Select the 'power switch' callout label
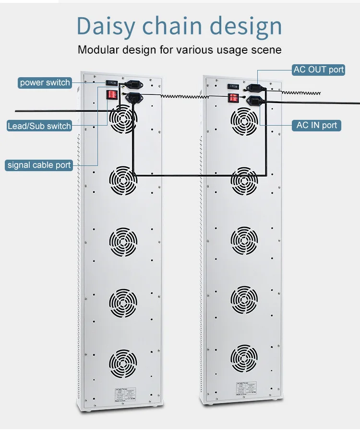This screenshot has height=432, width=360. [x=45, y=82]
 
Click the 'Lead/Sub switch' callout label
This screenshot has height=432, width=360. [x=39, y=126]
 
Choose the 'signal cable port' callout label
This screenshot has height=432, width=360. [x=39, y=165]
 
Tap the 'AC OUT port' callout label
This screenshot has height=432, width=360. [x=319, y=70]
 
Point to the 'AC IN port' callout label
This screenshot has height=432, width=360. [x=317, y=125]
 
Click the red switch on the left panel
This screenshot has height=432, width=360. [x=112, y=94]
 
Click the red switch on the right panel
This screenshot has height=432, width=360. [x=233, y=98]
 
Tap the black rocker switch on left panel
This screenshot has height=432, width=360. [x=112, y=82]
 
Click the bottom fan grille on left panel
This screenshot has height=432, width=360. [x=123, y=363]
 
